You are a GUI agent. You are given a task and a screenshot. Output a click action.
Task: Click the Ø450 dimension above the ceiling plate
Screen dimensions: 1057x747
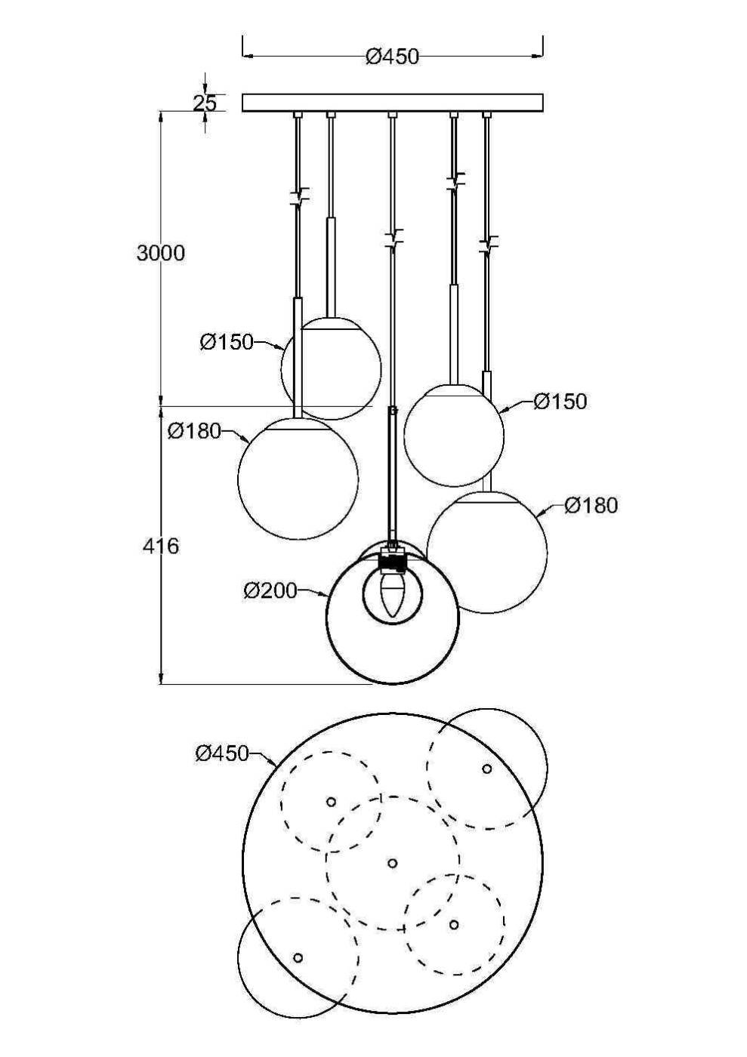coord(392,57)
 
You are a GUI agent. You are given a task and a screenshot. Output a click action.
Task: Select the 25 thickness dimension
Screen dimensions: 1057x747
coord(204,103)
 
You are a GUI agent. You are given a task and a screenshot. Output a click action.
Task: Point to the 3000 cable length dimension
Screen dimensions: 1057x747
coord(161,253)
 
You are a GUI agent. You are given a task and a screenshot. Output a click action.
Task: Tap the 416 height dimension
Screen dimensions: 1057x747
coord(161,545)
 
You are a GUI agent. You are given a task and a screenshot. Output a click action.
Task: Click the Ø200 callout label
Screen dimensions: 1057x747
coord(270,590)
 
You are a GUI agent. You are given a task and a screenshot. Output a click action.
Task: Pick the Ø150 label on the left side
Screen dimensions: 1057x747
coord(227,342)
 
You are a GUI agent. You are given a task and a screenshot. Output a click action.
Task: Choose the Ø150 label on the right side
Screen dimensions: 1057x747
coord(560,401)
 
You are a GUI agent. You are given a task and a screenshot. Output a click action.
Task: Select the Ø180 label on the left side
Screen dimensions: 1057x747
coord(195,431)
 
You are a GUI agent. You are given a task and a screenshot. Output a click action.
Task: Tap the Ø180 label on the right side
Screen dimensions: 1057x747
coord(591,505)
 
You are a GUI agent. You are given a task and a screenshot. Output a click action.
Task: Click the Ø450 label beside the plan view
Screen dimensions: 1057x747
coord(222,753)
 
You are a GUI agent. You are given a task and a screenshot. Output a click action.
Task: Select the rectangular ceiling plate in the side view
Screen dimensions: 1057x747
coord(392,103)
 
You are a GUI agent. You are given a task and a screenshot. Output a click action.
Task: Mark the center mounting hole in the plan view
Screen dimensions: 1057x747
coord(392,863)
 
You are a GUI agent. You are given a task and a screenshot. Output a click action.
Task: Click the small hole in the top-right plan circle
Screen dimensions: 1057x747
coord(487,769)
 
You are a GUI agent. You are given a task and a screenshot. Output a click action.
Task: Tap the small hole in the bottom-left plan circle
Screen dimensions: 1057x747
coord(298,957)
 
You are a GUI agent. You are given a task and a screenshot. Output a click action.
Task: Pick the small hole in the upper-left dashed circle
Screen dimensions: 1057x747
coord(331,801)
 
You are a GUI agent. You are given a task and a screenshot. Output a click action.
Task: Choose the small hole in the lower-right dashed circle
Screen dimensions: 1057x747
coord(453,924)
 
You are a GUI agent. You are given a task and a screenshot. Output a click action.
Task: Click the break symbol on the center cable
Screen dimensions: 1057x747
coord(393,239)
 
